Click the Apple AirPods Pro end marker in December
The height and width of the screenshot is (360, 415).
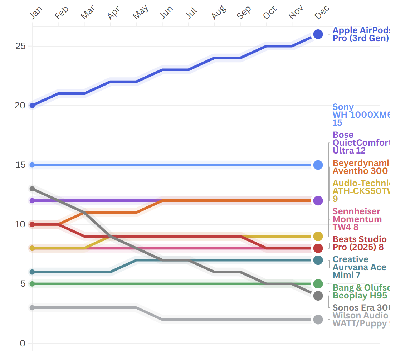[318, 34]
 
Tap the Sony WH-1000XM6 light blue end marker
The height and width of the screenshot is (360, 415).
[318, 165]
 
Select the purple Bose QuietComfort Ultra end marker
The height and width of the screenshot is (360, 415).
[318, 201]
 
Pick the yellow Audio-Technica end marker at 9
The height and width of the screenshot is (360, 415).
[318, 236]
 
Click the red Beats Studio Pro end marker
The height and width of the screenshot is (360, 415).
[318, 248]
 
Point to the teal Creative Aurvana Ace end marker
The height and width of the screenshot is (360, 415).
[318, 260]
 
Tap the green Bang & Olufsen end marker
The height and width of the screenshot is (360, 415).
[318, 284]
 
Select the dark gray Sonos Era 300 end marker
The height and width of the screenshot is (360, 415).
[318, 296]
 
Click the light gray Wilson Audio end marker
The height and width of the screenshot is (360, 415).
[318, 320]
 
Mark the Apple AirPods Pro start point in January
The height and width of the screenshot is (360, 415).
[32, 106]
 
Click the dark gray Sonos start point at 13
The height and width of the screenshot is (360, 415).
[32, 189]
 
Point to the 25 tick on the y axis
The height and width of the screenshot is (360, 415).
[20, 46]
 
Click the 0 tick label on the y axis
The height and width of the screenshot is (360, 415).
[23, 344]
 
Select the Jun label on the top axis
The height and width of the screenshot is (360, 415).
[167, 13]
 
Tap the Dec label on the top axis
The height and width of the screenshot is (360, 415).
[322, 13]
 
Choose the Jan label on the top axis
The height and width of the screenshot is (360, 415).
[36, 13]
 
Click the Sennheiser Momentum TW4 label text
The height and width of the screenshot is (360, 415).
[357, 219]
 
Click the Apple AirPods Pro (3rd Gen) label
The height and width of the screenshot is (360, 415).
[360, 34]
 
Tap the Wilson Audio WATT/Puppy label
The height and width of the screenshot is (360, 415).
[360, 320]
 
